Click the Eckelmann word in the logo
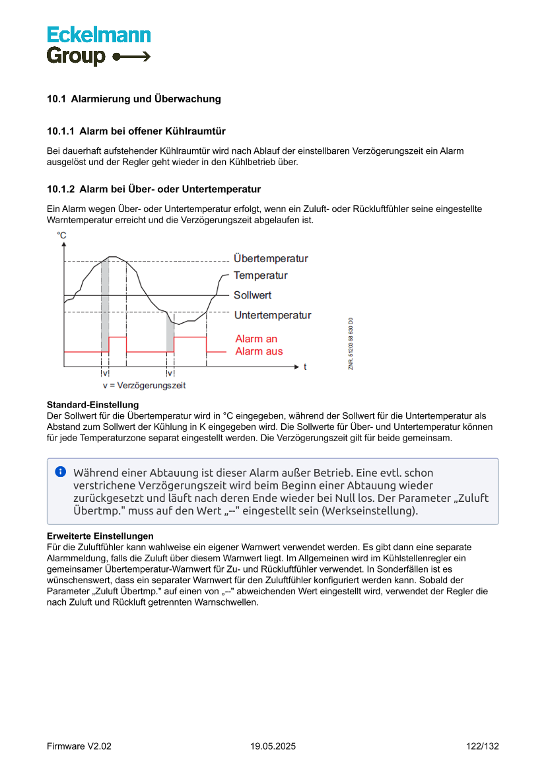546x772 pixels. (x=98, y=35)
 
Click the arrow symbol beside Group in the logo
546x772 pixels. (x=131, y=57)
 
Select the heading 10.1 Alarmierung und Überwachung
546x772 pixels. (x=133, y=99)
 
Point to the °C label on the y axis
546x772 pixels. (x=61, y=235)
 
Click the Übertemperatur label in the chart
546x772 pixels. (x=271, y=259)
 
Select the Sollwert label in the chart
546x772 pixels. (x=252, y=295)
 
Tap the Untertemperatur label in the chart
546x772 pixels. (x=272, y=316)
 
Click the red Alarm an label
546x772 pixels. (x=256, y=339)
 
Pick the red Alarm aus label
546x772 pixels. (x=259, y=351)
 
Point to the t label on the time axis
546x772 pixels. (x=304, y=366)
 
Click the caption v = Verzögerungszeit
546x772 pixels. (x=144, y=385)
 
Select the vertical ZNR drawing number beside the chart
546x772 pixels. (x=351, y=343)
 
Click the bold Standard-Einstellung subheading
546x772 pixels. (x=92, y=405)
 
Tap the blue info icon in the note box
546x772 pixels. (x=61, y=472)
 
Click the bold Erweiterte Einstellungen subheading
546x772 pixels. (x=100, y=536)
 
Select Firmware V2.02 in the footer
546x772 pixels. (x=79, y=746)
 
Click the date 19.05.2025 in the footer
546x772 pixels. (x=273, y=746)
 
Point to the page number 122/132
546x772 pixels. (x=482, y=746)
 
